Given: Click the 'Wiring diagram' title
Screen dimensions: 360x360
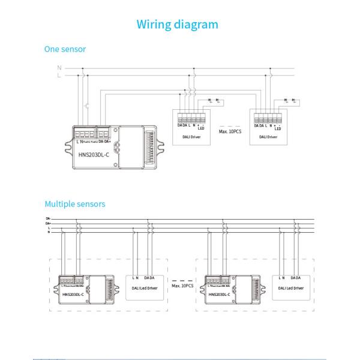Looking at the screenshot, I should pyautogui.click(x=177, y=25).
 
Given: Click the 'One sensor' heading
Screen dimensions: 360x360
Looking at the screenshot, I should pyautogui.click(x=65, y=49).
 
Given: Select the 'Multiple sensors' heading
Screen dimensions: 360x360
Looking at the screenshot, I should pyautogui.click(x=75, y=204).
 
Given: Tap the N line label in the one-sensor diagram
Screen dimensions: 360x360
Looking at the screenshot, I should pyautogui.click(x=59, y=68).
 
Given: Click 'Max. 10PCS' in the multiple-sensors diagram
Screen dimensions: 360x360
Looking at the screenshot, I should pyautogui.click(x=182, y=286).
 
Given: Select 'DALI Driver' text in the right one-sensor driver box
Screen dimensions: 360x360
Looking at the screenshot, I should pyautogui.click(x=268, y=137).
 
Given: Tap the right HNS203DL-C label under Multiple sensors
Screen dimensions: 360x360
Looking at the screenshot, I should pyautogui.click(x=221, y=295).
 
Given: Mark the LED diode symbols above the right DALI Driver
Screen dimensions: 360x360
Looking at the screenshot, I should pyautogui.click(x=289, y=100).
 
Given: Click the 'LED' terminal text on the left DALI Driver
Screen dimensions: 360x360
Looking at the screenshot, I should pyautogui.click(x=202, y=128).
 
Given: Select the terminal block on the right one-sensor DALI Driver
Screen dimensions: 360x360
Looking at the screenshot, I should pyautogui.click(x=268, y=117).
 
